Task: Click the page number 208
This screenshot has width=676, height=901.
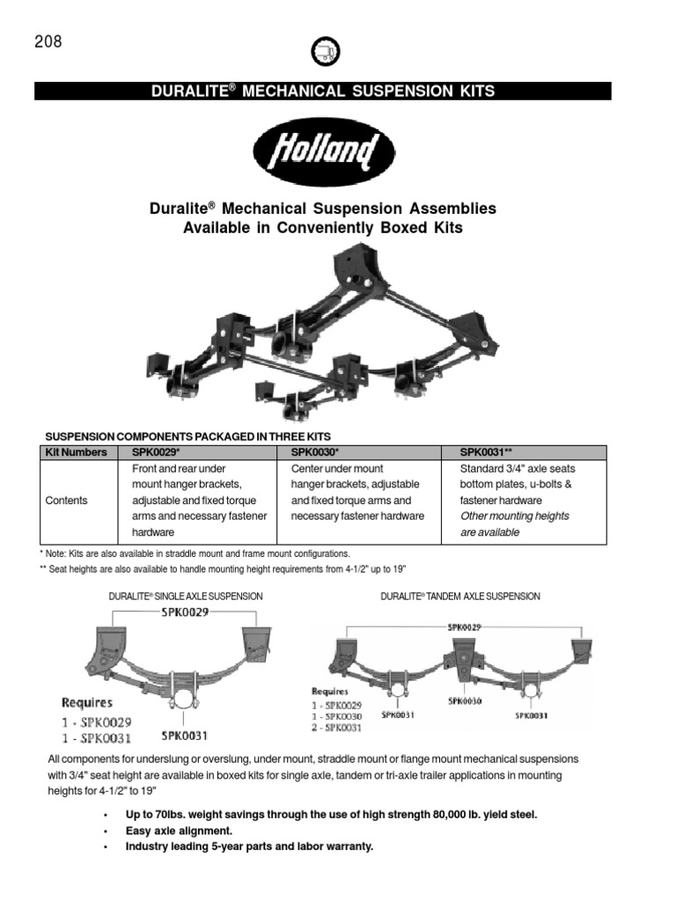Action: (x=48, y=42)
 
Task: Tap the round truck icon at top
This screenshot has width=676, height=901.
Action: (x=325, y=53)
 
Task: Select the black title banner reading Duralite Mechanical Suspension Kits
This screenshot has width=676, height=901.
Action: (x=322, y=91)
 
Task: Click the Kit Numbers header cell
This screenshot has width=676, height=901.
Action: (x=75, y=452)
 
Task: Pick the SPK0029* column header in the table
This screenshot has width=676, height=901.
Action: (x=156, y=452)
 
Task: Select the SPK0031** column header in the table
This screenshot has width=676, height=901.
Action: (x=488, y=452)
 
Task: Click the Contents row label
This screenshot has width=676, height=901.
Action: (x=66, y=500)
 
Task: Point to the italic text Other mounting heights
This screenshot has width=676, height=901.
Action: (x=515, y=516)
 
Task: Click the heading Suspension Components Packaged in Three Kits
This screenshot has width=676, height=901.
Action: (x=187, y=436)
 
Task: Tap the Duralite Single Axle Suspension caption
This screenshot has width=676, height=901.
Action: (x=186, y=597)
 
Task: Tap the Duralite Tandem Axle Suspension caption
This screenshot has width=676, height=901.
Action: (x=460, y=597)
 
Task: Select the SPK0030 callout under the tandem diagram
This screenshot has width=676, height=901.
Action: (x=465, y=701)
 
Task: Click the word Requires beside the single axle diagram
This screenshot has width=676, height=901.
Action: (x=86, y=702)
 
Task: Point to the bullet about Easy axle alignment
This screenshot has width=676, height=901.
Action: (x=180, y=831)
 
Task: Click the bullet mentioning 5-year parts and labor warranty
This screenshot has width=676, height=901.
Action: (x=249, y=846)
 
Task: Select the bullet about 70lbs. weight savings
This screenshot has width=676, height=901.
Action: (x=331, y=815)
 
